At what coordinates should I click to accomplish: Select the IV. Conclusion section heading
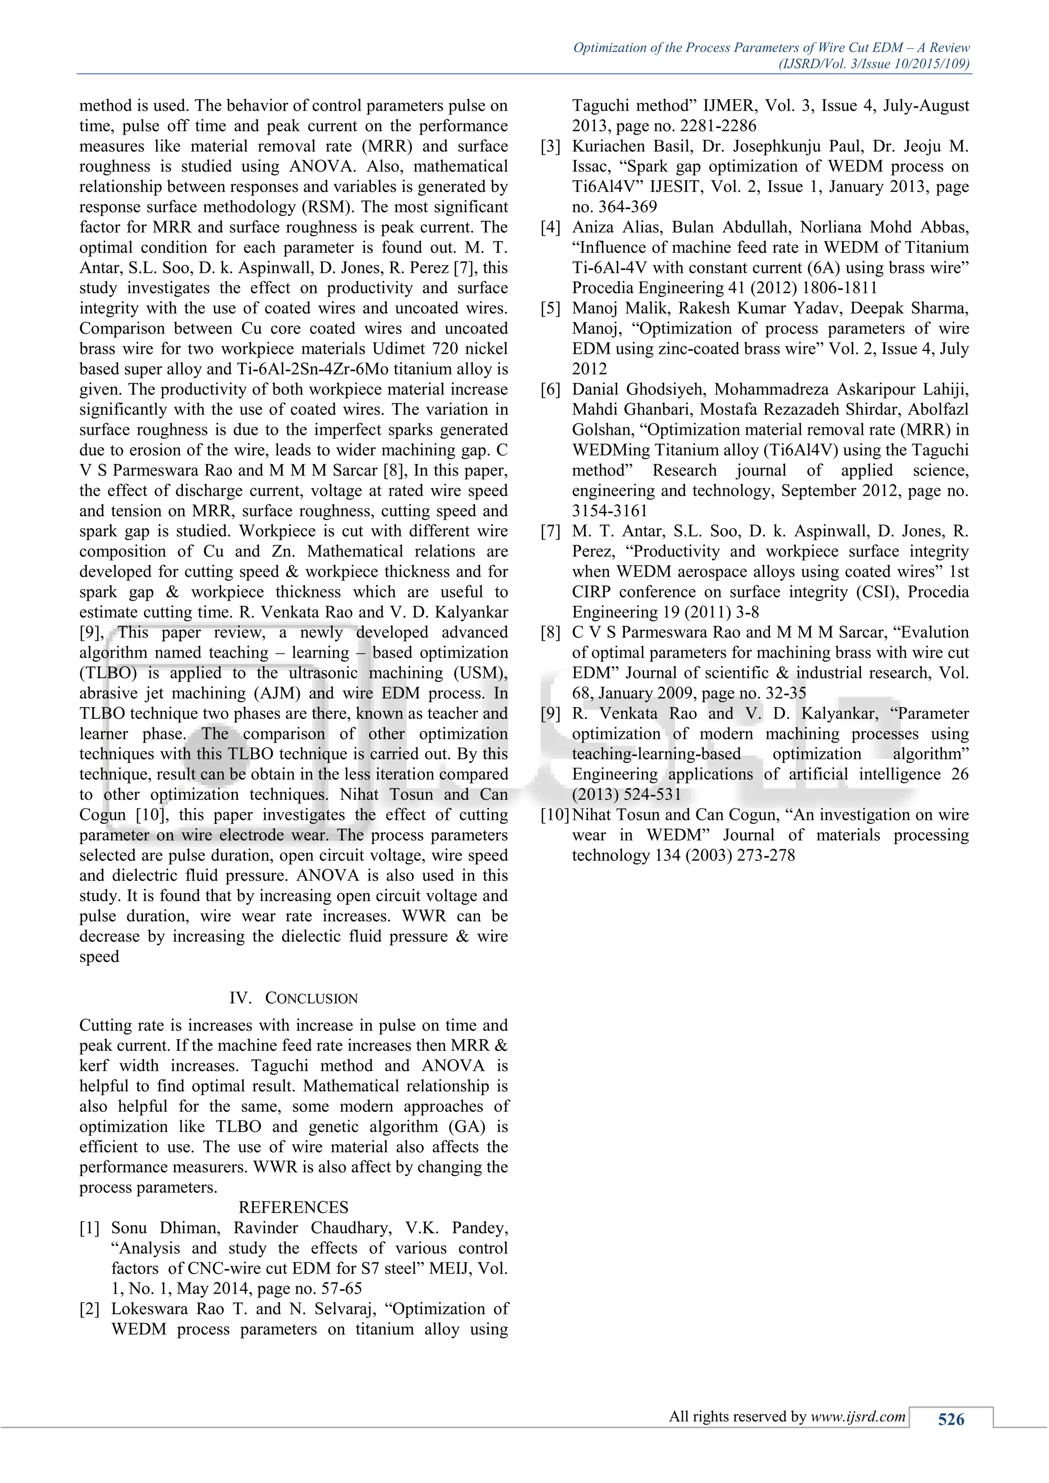(x=293, y=998)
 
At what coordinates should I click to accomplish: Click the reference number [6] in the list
(x=550, y=390)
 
